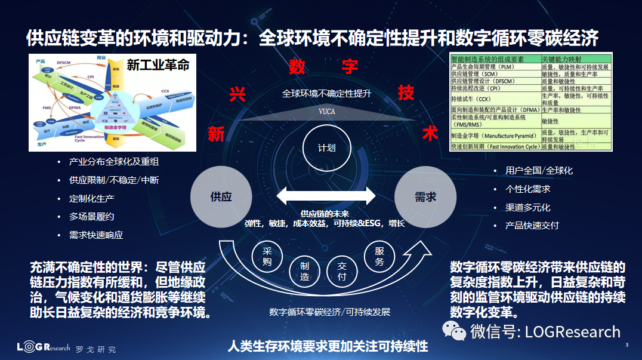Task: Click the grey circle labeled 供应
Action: [x=221, y=196]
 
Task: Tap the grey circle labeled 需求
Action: [x=425, y=196]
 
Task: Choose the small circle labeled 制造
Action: [x=304, y=272]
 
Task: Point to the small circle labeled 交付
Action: [x=342, y=272]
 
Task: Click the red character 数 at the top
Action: [x=297, y=66]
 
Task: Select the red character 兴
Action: [x=237, y=95]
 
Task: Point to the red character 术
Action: [x=430, y=133]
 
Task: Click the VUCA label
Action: [x=326, y=112]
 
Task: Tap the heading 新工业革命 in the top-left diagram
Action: [x=158, y=64]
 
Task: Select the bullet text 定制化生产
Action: [x=92, y=198]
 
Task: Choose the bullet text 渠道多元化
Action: [x=528, y=207]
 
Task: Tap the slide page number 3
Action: [x=626, y=346]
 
